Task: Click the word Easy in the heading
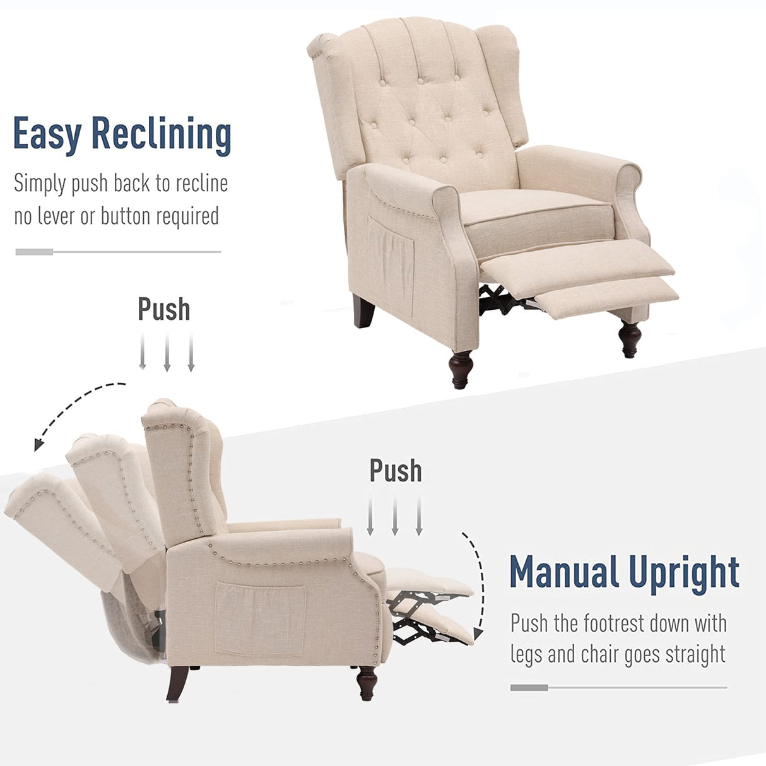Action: pyautogui.click(x=47, y=134)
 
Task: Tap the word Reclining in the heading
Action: pyautogui.click(x=162, y=134)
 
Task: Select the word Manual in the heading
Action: pyautogui.click(x=563, y=572)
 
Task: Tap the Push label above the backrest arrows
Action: pyautogui.click(x=164, y=309)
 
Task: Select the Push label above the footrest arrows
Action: pyautogui.click(x=396, y=471)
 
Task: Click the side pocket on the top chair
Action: pyautogui.click(x=391, y=264)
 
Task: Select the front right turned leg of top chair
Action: pyautogui.click(x=630, y=338)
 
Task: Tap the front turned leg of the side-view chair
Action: pyautogui.click(x=367, y=683)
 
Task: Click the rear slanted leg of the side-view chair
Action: pyautogui.click(x=178, y=683)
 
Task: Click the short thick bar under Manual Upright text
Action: pyautogui.click(x=529, y=688)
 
